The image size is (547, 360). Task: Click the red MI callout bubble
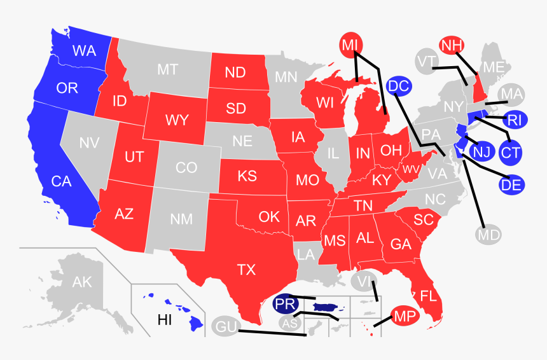(x=349, y=45)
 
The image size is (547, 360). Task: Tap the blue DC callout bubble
(x=398, y=86)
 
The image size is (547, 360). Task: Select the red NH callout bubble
(x=452, y=46)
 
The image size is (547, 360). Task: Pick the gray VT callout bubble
(x=424, y=62)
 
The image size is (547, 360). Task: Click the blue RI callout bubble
(x=513, y=119)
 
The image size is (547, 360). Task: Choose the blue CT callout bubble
(x=509, y=152)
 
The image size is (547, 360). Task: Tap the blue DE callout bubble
(x=511, y=185)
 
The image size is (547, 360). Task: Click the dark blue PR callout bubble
(x=286, y=305)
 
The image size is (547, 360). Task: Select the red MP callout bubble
(x=405, y=315)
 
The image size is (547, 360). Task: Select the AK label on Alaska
(x=82, y=282)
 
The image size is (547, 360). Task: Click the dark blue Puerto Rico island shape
(x=326, y=308)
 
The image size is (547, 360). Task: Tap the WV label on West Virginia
(x=410, y=169)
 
